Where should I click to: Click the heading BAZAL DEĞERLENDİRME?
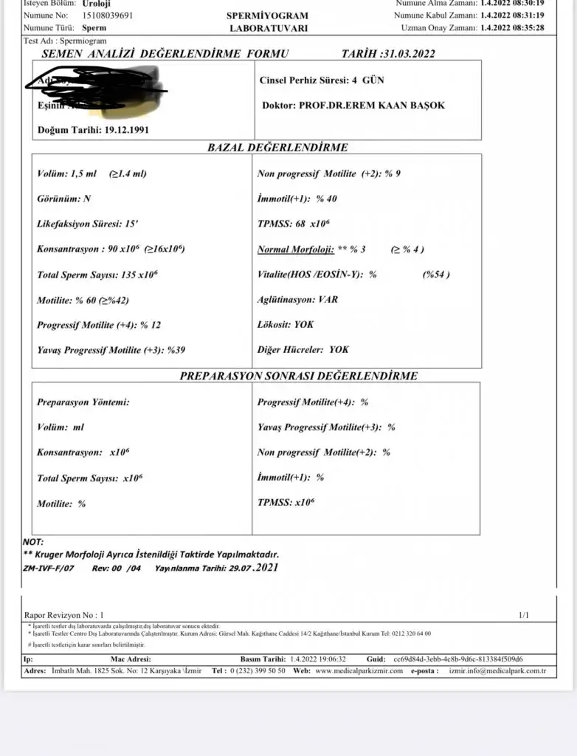(x=277, y=148)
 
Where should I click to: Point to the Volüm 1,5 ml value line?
(x=91, y=174)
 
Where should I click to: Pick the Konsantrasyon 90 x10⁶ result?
(x=111, y=249)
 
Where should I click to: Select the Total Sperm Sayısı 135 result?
(x=97, y=275)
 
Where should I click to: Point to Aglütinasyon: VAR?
(x=297, y=300)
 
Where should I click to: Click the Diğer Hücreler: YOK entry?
(x=303, y=350)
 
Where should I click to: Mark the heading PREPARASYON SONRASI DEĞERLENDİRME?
(x=299, y=376)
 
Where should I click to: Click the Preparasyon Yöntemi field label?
(x=83, y=402)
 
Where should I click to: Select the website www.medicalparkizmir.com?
(x=359, y=671)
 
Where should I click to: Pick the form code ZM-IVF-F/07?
(x=48, y=568)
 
